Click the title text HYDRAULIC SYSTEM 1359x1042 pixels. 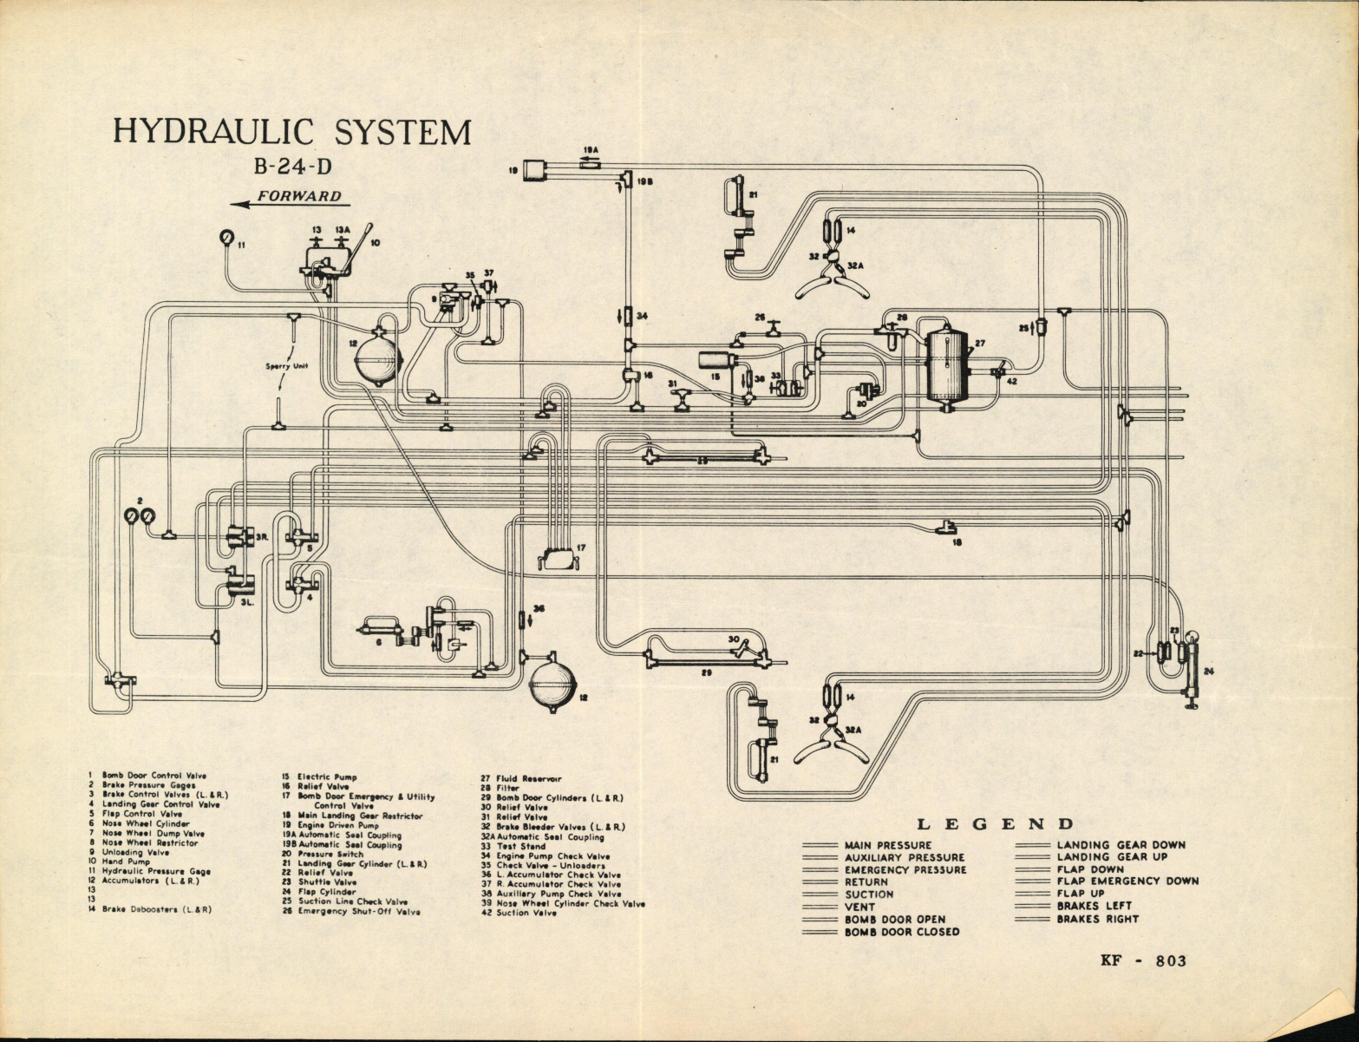coord(292,132)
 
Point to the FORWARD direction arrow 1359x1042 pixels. coord(291,200)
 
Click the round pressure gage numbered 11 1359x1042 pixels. coord(227,237)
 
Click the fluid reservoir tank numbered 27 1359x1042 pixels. coord(948,364)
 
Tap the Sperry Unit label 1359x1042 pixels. coord(287,366)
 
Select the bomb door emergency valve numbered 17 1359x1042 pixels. coord(558,558)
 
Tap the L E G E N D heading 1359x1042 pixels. coord(996,824)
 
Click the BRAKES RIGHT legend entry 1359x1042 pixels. coord(1096,919)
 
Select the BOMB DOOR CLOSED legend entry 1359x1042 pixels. coord(901,932)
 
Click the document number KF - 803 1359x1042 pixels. coord(1142,960)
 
